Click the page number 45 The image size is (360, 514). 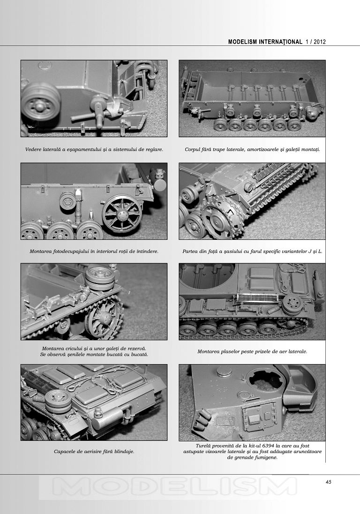click(x=329, y=482)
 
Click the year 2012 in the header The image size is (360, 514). click(x=320, y=42)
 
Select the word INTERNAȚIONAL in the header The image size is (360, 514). click(x=281, y=42)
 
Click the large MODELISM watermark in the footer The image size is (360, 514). click(x=174, y=486)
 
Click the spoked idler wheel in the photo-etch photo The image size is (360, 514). click(x=122, y=214)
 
